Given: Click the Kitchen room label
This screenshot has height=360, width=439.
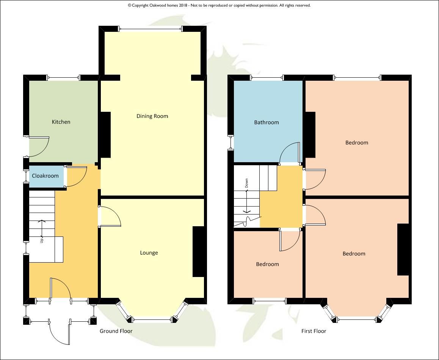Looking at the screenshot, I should click(x=61, y=122).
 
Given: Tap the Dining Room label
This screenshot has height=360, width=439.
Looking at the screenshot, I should click(x=152, y=116).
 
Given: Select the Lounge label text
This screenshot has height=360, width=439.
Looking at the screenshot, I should click(x=149, y=253).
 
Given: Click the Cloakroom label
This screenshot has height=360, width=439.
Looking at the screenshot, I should click(x=45, y=176).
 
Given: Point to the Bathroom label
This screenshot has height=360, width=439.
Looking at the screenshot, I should click(x=266, y=122).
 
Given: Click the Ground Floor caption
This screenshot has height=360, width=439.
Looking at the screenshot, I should click(x=116, y=331).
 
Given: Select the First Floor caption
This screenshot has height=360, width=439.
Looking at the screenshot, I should click(x=314, y=331).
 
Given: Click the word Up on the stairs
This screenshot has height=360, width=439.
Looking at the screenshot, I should click(x=42, y=240).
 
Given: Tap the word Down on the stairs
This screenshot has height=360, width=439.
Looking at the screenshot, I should click(x=246, y=183).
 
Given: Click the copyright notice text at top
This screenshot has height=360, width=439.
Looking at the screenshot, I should click(x=219, y=5).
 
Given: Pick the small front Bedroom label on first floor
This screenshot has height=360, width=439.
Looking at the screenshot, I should click(x=267, y=265).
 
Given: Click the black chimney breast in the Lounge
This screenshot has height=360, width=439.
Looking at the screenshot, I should click(x=199, y=252).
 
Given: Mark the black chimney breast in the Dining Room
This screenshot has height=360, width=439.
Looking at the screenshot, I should click(x=105, y=135).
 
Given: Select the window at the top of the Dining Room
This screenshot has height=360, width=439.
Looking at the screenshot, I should click(x=151, y=29).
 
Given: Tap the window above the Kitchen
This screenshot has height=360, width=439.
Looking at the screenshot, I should click(x=64, y=78).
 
